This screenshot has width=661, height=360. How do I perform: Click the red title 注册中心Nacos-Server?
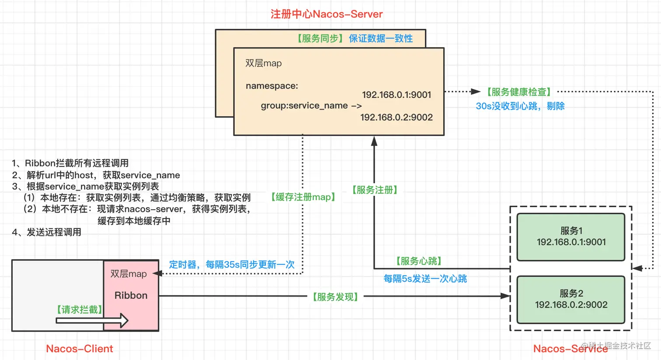pyautogui.click(x=327, y=14)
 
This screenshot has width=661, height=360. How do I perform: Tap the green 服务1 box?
pyautogui.click(x=571, y=236)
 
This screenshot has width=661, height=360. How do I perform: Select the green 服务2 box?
pyautogui.click(x=571, y=299)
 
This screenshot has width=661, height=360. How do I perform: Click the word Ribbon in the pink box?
pyautogui.click(x=131, y=295)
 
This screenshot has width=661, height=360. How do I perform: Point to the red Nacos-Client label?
pyautogui.click(x=80, y=349)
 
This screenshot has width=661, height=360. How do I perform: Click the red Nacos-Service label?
pyautogui.click(x=570, y=349)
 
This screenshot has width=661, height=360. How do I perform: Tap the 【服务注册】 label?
pyautogui.click(x=375, y=190)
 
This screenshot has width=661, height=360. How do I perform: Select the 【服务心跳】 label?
pyautogui.click(x=419, y=261)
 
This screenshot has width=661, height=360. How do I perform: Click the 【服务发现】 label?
pyautogui.click(x=335, y=297)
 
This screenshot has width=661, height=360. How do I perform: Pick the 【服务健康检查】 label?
pyautogui.click(x=519, y=92)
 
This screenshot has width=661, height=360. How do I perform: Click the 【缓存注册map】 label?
pyautogui.click(x=303, y=197)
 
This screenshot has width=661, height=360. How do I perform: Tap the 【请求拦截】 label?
pyautogui.click(x=80, y=310)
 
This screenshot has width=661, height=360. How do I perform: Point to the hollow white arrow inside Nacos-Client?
pyautogui.click(x=92, y=321)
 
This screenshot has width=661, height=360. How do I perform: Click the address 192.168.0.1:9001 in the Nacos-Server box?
pyautogui.click(x=397, y=95)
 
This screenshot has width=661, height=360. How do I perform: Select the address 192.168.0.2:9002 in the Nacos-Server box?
pyautogui.click(x=397, y=117)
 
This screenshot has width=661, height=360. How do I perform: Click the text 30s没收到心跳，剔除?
pyautogui.click(x=520, y=106)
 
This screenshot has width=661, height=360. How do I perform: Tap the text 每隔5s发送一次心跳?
pyautogui.click(x=425, y=279)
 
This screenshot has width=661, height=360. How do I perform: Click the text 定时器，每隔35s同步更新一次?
pyautogui.click(x=232, y=265)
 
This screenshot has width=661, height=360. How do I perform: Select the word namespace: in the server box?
pyautogui.click(x=271, y=86)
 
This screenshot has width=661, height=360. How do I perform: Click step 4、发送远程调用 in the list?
pyautogui.click(x=47, y=232)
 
